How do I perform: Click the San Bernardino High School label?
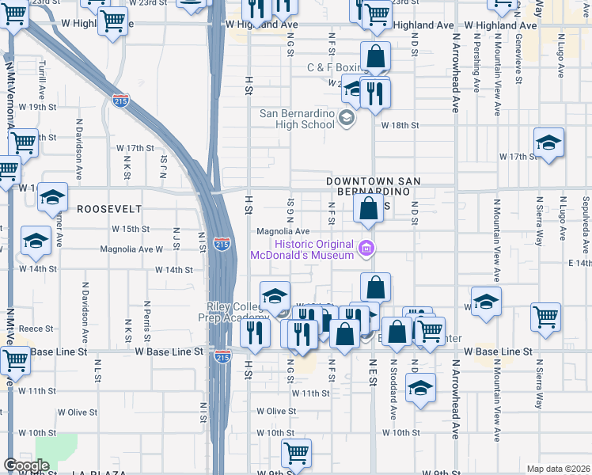click(298, 119)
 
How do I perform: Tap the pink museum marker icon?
click(366, 249)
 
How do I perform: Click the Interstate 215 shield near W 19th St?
click(120, 101)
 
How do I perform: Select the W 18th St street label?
click(400, 125)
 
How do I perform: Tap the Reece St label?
click(36, 328)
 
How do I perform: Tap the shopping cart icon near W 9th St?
click(296, 454)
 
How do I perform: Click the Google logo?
click(26, 465)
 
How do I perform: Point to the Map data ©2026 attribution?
click(558, 469)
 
